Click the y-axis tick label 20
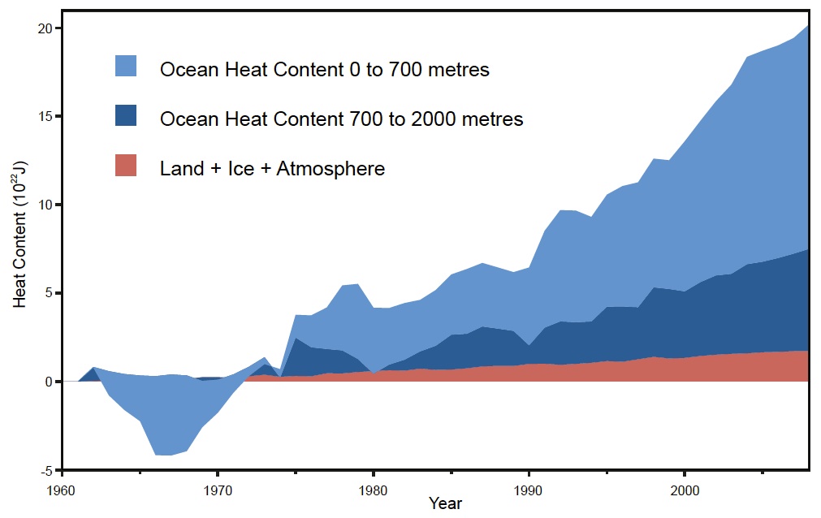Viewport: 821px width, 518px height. tap(45, 28)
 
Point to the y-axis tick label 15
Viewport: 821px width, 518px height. tap(45, 116)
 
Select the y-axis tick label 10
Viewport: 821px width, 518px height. tap(45, 205)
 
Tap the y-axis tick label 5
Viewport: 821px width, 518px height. tap(48, 293)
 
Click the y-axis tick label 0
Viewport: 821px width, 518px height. tap(48, 382)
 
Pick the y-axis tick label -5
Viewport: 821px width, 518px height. tap(45, 470)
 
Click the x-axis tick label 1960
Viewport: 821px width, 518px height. tap(62, 490)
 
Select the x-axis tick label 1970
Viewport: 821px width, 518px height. tap(218, 490)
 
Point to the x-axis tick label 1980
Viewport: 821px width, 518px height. tap(373, 490)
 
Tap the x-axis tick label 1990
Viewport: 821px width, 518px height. tap(529, 490)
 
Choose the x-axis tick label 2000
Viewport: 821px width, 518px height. tap(685, 490)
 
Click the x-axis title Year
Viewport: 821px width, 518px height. tap(445, 503)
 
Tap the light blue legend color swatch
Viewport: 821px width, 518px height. tap(126, 66)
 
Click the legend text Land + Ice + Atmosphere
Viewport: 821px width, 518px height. tap(272, 169)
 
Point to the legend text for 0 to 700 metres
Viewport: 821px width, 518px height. tap(325, 70)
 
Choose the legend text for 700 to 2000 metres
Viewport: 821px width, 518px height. tap(341, 119)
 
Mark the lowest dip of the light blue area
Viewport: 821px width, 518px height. tap(162, 455)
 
